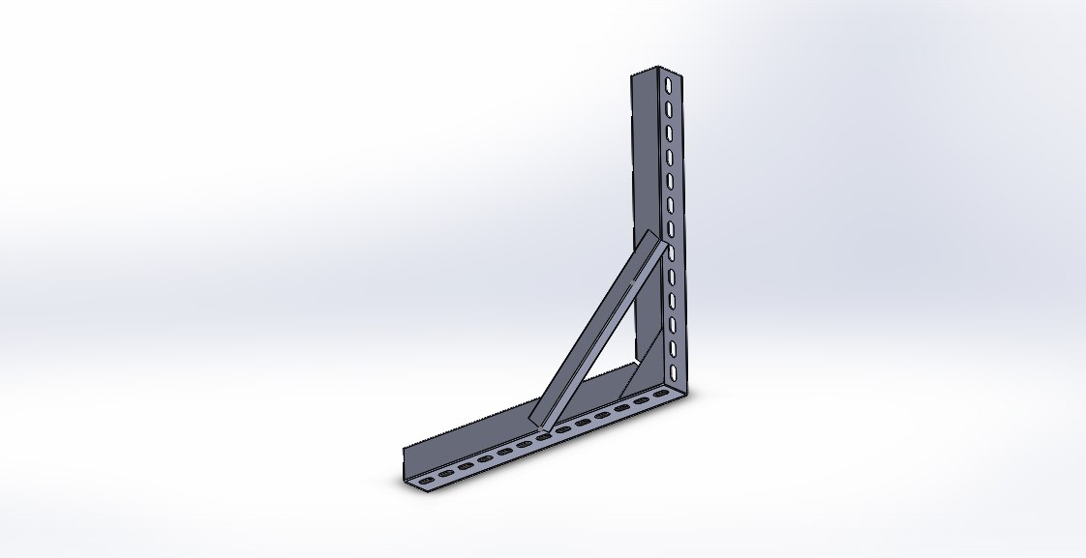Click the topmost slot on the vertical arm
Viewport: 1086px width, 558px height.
pyautogui.click(x=668, y=85)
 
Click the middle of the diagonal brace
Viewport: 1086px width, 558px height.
pyautogui.click(x=602, y=329)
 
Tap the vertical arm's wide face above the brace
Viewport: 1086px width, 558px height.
pyautogui.click(x=646, y=155)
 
